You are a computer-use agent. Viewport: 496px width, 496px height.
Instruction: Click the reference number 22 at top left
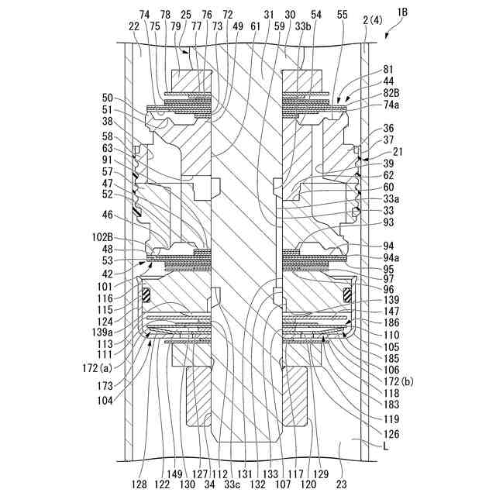coord(134,25)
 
